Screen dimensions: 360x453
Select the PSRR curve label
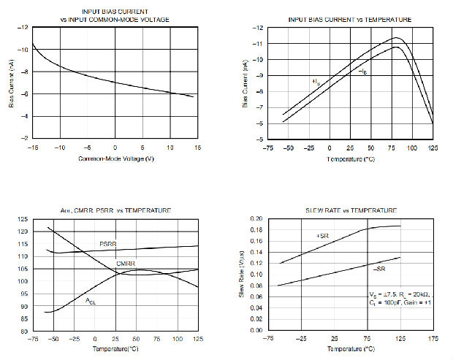click(109, 243)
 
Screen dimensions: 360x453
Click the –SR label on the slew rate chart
click(380, 269)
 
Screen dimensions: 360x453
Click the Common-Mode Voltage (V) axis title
click(114, 158)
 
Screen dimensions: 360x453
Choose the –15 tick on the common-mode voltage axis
click(31, 148)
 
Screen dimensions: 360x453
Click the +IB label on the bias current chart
click(316, 81)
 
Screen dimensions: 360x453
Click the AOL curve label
click(91, 301)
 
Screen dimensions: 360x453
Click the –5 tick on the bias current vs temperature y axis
click(258, 140)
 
